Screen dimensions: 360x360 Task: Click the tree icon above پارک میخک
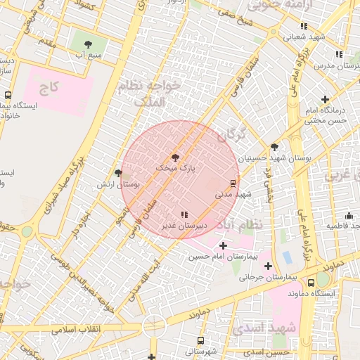(175, 157)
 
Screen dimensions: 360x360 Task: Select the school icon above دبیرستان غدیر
(184, 214)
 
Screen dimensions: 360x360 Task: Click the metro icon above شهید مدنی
(233, 183)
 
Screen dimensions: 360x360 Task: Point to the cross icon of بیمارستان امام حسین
(224, 245)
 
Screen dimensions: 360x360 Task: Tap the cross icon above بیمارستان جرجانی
(268, 266)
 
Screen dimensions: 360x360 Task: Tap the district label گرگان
(232, 133)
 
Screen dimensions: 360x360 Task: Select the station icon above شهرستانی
(201, 340)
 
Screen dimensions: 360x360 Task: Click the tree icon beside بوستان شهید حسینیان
(274, 147)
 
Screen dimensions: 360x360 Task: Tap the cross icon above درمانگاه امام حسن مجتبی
(325, 99)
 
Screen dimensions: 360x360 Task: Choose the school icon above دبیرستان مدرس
(339, 54)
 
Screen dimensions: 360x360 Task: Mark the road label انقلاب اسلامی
(79, 329)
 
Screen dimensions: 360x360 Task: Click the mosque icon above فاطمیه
(348, 215)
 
